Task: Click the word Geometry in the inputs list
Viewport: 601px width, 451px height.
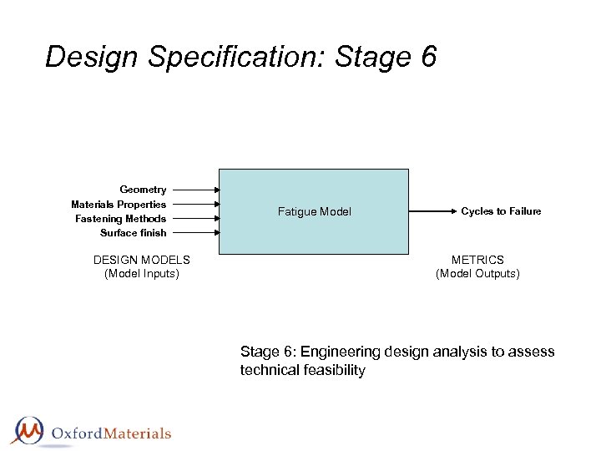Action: point(143,190)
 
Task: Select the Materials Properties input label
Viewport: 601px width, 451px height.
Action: point(119,205)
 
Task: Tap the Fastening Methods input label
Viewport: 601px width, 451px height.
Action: point(120,219)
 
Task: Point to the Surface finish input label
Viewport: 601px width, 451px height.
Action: point(133,233)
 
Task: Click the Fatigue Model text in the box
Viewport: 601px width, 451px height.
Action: point(314,212)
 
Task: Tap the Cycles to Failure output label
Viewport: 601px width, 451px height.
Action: point(501,211)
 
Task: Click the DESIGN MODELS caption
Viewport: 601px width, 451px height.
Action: point(142,260)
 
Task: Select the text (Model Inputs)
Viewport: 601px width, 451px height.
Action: point(142,273)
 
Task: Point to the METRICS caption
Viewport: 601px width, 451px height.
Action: point(477,260)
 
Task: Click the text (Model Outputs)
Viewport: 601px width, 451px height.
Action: point(477,273)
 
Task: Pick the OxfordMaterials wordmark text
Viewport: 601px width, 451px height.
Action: point(111,433)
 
